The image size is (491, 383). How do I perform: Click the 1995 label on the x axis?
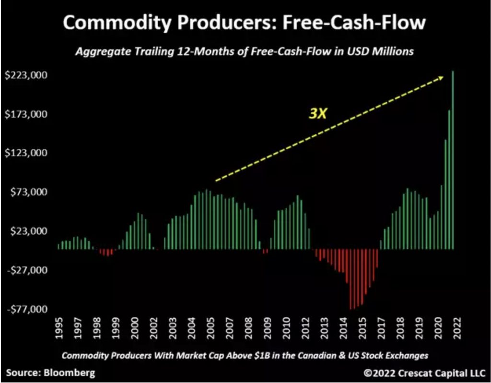pos(59,328)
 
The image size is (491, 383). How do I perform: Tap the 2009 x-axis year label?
pos(265,328)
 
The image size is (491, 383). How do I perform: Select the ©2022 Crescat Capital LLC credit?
pos(424,372)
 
